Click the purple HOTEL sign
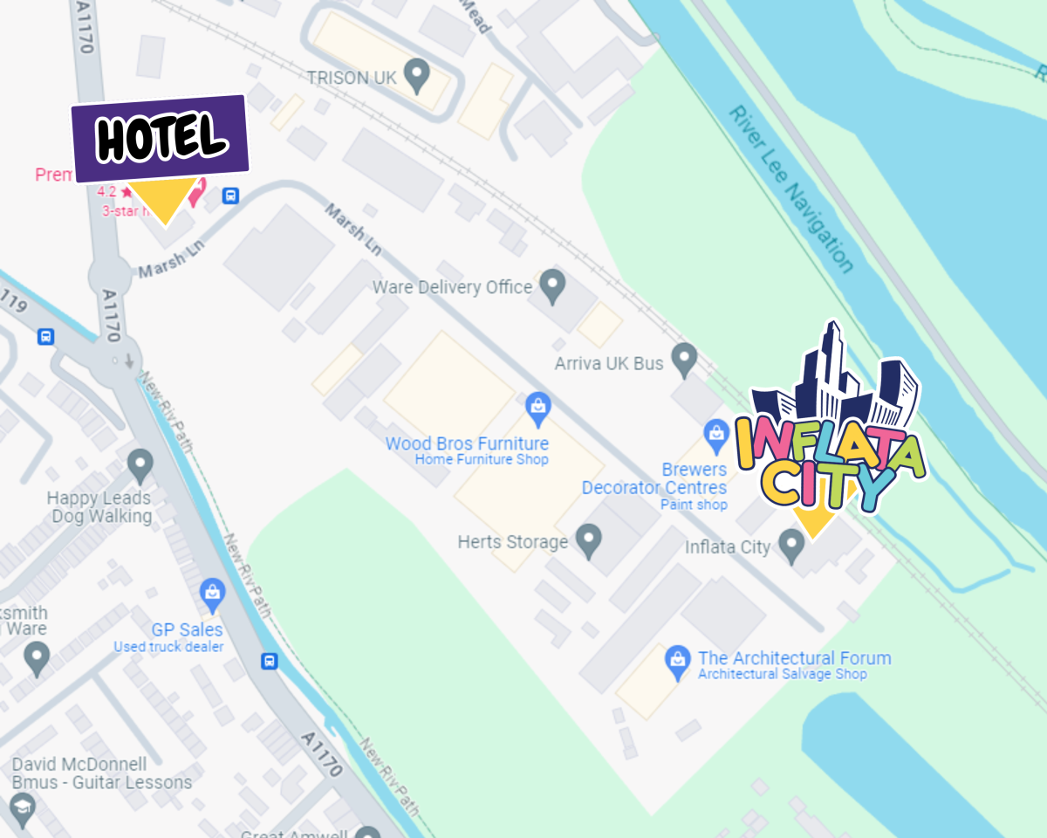click(161, 137)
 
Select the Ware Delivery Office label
click(452, 287)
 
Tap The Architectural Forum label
click(794, 658)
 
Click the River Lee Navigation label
click(790, 189)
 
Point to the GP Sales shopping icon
click(212, 596)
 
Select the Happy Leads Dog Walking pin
click(140, 465)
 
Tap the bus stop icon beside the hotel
click(230, 196)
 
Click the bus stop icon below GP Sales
click(270, 661)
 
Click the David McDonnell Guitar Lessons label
click(101, 773)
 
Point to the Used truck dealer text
click(168, 647)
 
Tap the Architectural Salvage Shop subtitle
click(783, 674)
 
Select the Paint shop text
click(694, 505)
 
